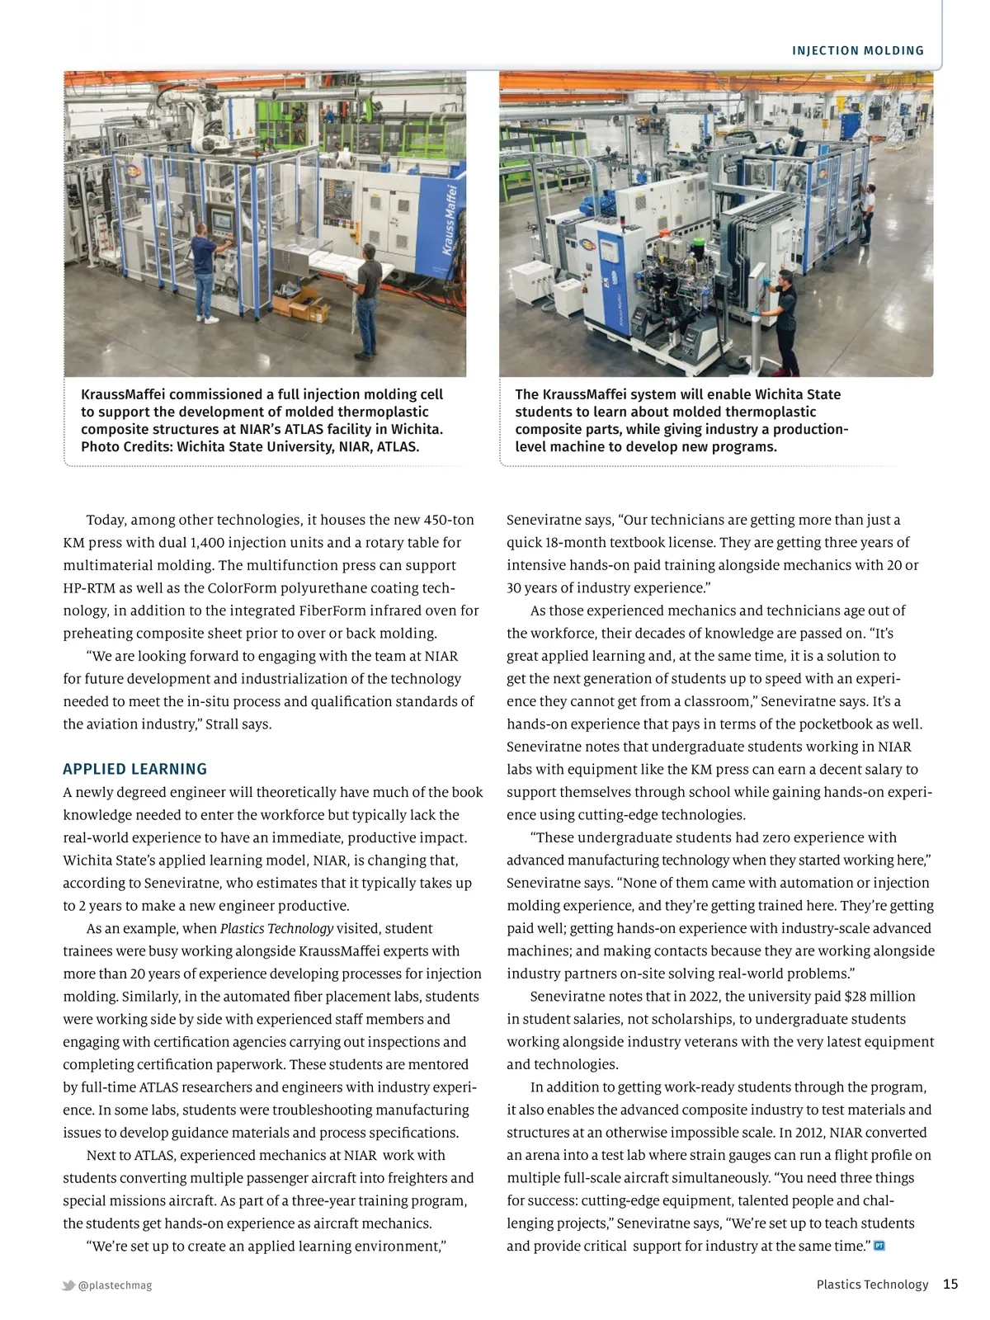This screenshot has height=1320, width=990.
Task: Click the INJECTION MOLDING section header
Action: pos(858,51)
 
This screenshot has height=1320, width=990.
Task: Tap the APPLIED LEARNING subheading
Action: pos(134,769)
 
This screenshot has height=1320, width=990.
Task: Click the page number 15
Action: pos(950,1284)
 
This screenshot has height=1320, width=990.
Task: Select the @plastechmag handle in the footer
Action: pos(115,1285)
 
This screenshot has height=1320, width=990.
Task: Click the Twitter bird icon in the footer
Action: pos(68,1285)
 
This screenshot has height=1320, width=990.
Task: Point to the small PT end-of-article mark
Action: pos(879,1246)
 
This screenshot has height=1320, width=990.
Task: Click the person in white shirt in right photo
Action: pos(866,213)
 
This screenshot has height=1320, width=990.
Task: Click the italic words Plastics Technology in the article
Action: pos(276,928)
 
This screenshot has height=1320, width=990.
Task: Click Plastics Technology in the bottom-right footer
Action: pos(872,1285)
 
